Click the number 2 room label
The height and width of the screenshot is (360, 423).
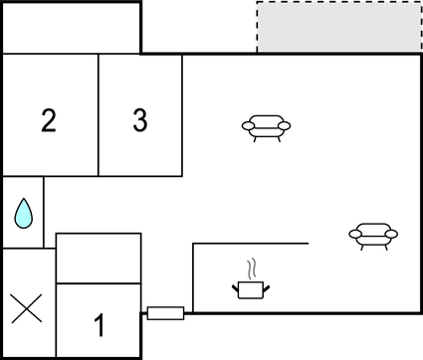point(48,121)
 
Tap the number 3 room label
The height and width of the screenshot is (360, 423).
point(140,120)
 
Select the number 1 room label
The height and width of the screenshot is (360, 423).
point(99,324)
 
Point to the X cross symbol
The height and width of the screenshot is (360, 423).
point(27,309)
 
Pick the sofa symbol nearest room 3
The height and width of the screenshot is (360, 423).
point(267,126)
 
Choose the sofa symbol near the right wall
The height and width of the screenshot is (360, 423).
point(372,235)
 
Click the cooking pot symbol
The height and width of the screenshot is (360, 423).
point(251,288)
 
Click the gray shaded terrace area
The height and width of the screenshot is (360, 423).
point(338,27)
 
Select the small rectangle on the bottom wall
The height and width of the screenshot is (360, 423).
point(165,313)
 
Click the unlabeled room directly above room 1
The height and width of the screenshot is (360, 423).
point(99,259)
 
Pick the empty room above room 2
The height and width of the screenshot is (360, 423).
point(71,27)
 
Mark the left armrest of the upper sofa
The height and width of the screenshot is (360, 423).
point(247,125)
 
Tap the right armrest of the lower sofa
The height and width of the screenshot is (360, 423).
point(391,234)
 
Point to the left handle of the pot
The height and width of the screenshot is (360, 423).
point(236,287)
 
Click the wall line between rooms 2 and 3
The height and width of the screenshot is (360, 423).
point(99,114)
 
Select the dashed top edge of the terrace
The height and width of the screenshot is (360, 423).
point(338,3)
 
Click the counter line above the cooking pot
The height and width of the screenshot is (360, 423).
point(250,243)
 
